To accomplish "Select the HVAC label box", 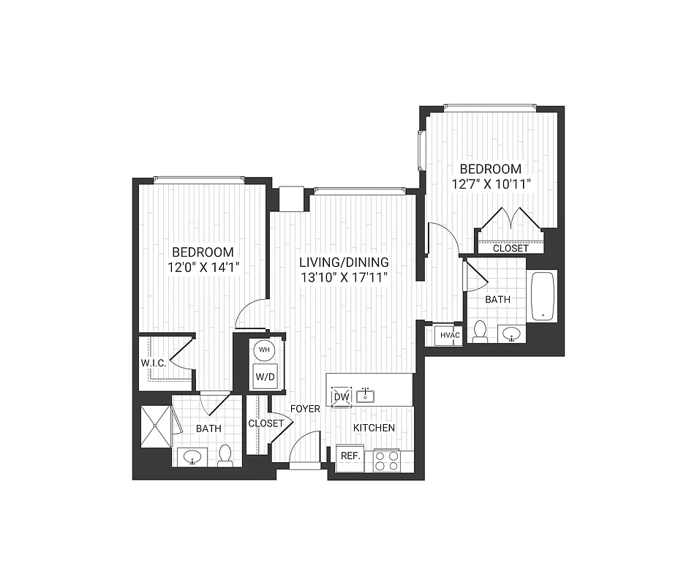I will coord(449,336).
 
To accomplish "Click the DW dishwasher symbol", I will coord(341,396).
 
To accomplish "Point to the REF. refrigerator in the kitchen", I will coord(349,456).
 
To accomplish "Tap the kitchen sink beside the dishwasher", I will coord(365,396).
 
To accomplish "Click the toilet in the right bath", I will coord(481,332).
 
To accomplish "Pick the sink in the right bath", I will coord(512,334).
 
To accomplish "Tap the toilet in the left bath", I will coord(225,456).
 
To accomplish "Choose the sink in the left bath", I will coord(193,458).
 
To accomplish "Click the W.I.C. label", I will coord(154,363).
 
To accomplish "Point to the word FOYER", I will coord(305,409).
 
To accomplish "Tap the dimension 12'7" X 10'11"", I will coord(491,184).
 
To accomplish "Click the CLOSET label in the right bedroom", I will coord(510,249).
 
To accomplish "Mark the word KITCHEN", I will coord(374,428).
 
